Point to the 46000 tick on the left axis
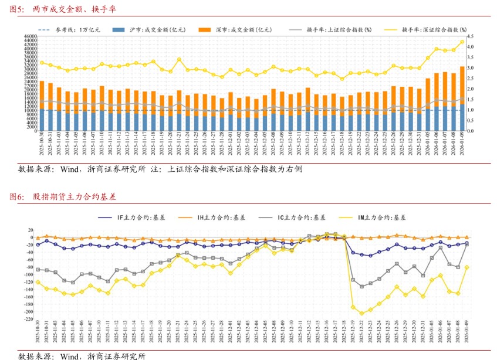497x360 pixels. click(29, 36)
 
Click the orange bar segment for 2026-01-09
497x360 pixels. click(462, 85)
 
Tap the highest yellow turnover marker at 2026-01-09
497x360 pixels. click(462, 42)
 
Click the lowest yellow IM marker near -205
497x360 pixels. click(362, 314)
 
